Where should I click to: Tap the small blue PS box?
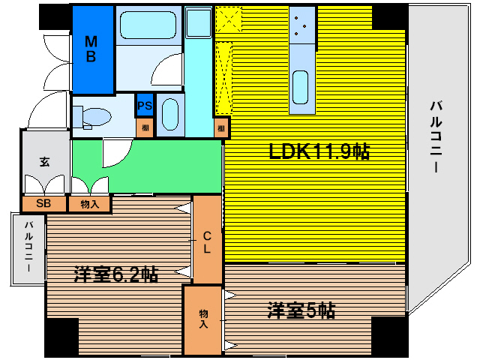click(145, 106)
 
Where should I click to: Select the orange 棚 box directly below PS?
click(145, 127)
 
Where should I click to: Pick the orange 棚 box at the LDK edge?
click(221, 128)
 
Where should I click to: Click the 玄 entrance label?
click(44, 160)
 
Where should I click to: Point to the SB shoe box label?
click(43, 203)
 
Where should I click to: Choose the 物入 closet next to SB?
click(89, 203)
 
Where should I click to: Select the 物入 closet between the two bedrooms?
click(203, 319)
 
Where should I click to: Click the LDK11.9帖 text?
click(319, 151)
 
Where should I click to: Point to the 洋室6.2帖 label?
click(115, 274)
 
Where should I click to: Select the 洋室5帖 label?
click(301, 310)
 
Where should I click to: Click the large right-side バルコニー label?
click(435, 135)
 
